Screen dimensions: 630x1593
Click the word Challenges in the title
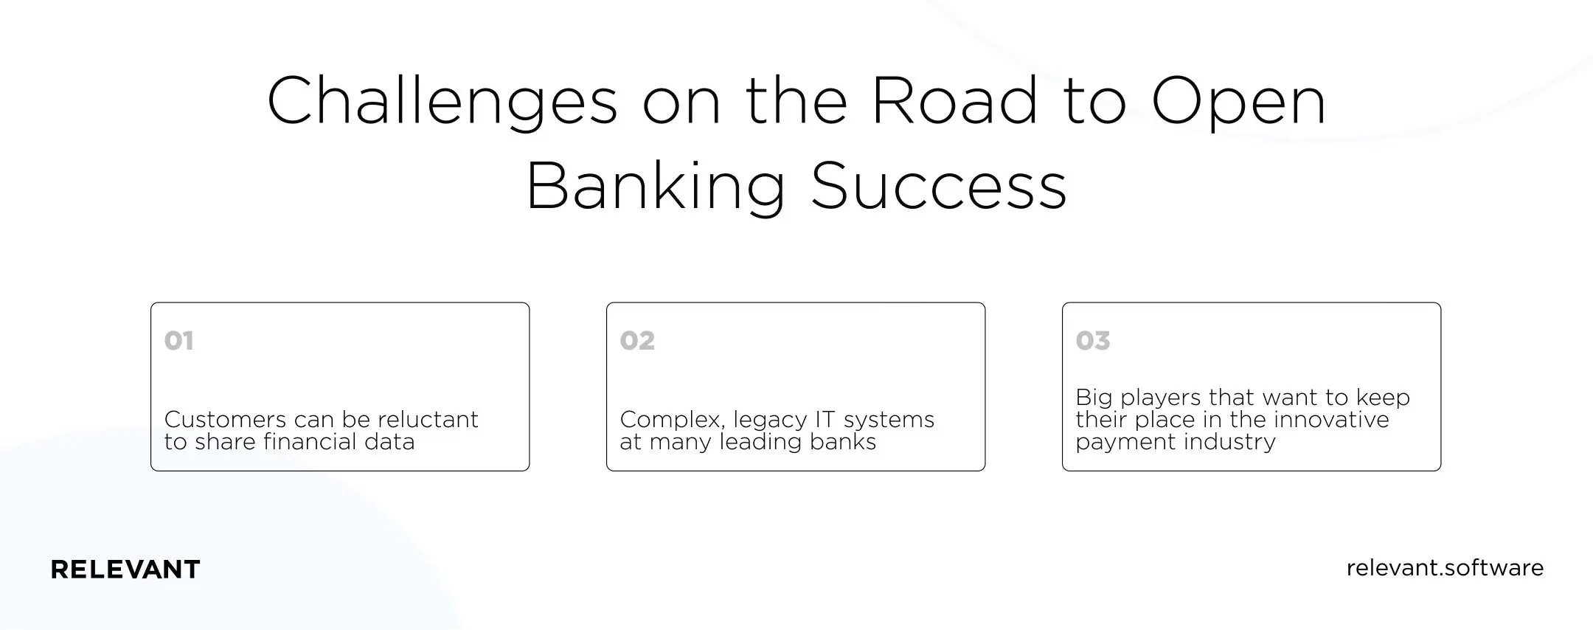tap(441, 102)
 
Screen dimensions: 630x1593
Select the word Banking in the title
tap(655, 187)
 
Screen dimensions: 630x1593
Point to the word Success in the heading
tap(938, 186)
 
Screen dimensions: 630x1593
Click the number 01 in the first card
tap(179, 341)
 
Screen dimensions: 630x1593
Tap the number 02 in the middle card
tap(637, 341)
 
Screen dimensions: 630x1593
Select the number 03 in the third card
tap(1092, 341)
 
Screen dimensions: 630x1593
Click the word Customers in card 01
tap(225, 420)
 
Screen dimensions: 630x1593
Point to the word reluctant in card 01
tap(428, 420)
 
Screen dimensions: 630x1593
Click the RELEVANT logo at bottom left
tap(125, 570)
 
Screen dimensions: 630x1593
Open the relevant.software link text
tap(1444, 568)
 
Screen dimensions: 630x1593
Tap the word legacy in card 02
tap(769, 420)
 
